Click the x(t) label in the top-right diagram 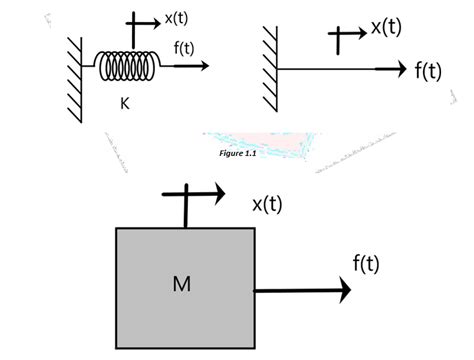tap(386, 27)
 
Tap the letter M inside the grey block tap(181, 284)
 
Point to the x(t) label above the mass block tap(267, 204)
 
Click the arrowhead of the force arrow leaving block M tap(344, 290)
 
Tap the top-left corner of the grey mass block tap(118, 229)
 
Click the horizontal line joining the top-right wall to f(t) tap(330, 69)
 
